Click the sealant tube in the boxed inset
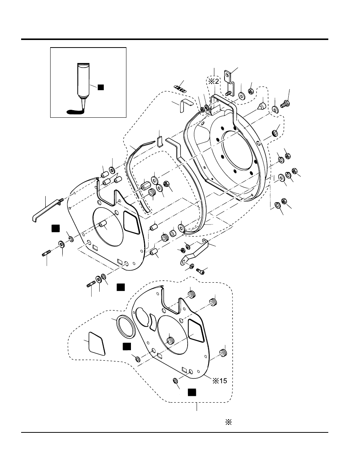pos(83,83)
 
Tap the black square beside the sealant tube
pos(101,87)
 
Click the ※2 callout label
pos(214,81)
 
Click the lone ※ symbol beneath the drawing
pos(228,422)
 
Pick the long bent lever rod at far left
pos(47,209)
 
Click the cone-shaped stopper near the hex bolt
pos(262,106)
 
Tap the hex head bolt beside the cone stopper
pos(285,104)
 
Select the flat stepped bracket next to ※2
pos(229,83)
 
